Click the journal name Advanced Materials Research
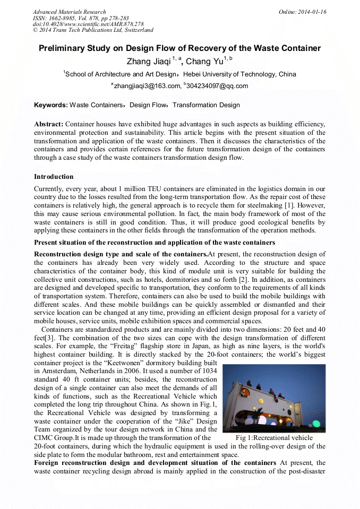(69, 12)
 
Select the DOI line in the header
(88, 24)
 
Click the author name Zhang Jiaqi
(149, 62)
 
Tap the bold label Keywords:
(51, 105)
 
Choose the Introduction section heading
(54, 176)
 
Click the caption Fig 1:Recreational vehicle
(274, 438)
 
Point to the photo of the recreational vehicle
(274, 398)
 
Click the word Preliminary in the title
(62, 48)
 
